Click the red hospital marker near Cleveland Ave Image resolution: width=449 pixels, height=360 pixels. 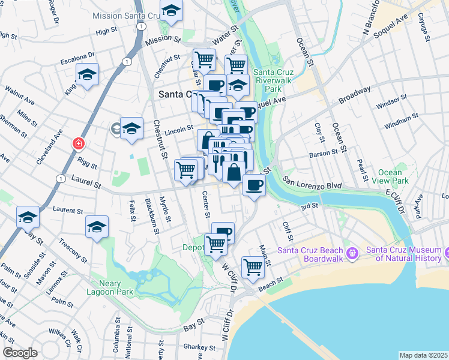(78, 144)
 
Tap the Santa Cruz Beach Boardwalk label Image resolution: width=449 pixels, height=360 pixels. (310, 254)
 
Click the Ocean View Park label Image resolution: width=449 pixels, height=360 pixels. (390, 176)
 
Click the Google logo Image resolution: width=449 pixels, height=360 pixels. (20, 353)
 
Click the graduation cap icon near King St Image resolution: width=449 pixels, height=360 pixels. (87, 75)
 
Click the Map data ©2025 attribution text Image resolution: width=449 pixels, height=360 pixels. (424, 355)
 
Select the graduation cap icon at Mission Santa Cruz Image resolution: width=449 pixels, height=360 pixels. (172, 10)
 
